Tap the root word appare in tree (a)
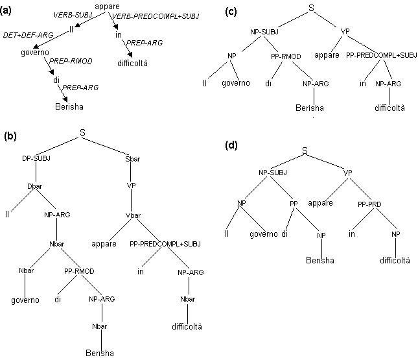pyautogui.click(x=107, y=6)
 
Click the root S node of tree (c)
pyautogui.click(x=312, y=8)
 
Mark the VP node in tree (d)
pyautogui.click(x=347, y=173)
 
